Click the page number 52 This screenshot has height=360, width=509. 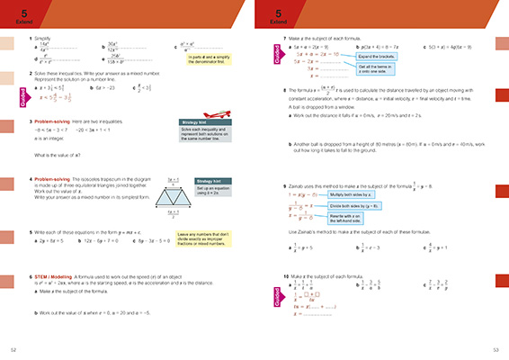(x=13, y=349)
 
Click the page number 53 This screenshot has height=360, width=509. (x=496, y=349)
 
